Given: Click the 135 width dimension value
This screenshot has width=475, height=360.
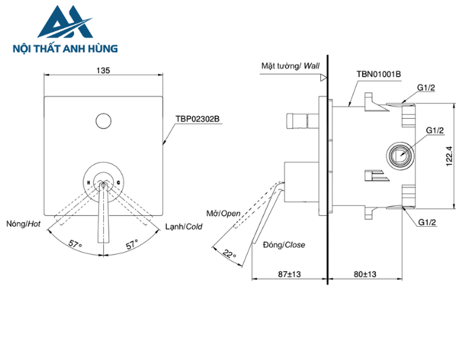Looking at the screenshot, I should click(103, 70).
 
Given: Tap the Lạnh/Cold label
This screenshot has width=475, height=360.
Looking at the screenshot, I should click(183, 226).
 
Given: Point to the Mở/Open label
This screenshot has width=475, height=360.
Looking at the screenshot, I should click(224, 213).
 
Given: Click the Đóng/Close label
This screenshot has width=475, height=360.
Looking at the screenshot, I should click(285, 245).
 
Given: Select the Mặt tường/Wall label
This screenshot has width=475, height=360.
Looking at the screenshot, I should click(290, 67).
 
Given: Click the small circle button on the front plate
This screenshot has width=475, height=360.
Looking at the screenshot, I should click(103, 121).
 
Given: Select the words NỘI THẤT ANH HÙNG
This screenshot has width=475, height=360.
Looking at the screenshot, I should click(65, 49).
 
